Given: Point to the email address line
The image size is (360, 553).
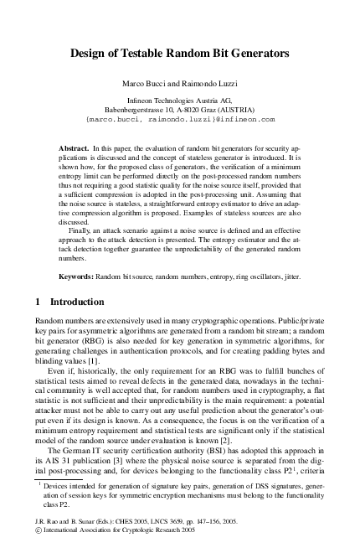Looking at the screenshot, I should point(180,120).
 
